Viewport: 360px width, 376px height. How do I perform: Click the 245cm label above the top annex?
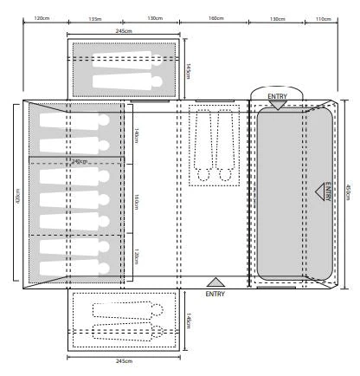[x=124, y=31]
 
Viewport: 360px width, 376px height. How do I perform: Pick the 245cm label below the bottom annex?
[x=124, y=360]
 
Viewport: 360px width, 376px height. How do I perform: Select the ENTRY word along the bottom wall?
[x=215, y=294]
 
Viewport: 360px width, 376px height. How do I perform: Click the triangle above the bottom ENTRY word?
[x=216, y=282]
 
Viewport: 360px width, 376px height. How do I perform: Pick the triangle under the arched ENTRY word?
[x=275, y=104]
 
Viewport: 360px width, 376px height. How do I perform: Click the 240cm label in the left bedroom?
[x=80, y=161]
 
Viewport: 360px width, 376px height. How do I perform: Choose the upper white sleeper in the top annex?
[x=121, y=57]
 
